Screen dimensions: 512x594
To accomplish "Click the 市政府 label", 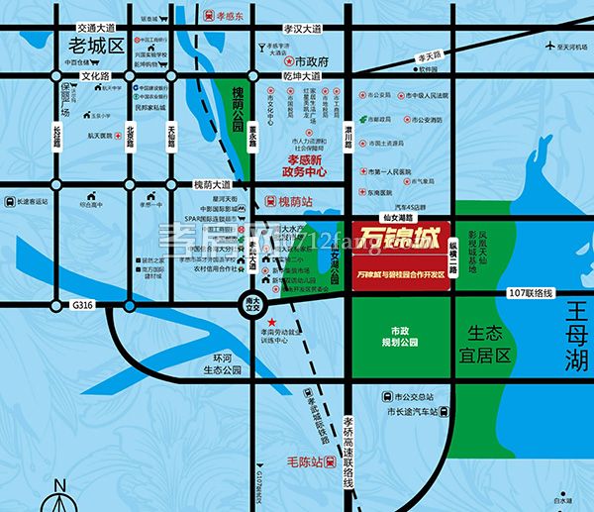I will (x=310, y=61).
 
